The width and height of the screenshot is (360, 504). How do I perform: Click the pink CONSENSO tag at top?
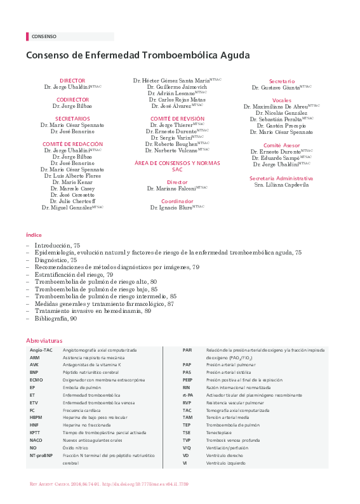[43, 37]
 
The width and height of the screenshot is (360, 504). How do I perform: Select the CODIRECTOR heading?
[72, 100]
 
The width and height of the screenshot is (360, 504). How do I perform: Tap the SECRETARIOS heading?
[72, 119]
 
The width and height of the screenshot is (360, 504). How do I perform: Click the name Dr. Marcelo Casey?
[72, 189]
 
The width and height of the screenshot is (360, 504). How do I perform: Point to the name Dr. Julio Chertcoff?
[72, 201]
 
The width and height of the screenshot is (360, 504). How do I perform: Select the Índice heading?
[34, 234]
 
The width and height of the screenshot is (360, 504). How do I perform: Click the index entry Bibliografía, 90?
[56, 319]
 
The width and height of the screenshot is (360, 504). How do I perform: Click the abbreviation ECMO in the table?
[36, 379]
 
